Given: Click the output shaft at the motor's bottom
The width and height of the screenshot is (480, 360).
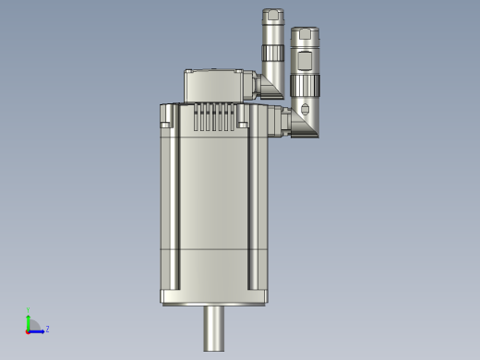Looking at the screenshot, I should (214, 328).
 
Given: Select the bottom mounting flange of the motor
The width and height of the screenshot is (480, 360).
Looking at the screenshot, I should (213, 297).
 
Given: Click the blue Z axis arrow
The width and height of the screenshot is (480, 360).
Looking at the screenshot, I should (38, 329).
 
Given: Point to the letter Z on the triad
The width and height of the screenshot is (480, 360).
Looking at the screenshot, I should (47, 329).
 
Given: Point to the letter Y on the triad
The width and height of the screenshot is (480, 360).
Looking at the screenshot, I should (29, 310).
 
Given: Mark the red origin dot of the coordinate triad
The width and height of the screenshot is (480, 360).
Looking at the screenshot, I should (29, 330).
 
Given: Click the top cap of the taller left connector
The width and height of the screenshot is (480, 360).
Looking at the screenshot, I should (272, 15).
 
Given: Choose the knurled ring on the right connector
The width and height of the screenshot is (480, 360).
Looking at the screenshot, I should (306, 86).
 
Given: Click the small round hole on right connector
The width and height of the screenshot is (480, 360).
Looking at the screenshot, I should (306, 110).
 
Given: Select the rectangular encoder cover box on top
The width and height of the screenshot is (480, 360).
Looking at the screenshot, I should (217, 86).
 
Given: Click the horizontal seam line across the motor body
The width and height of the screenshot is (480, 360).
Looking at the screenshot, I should (213, 249).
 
